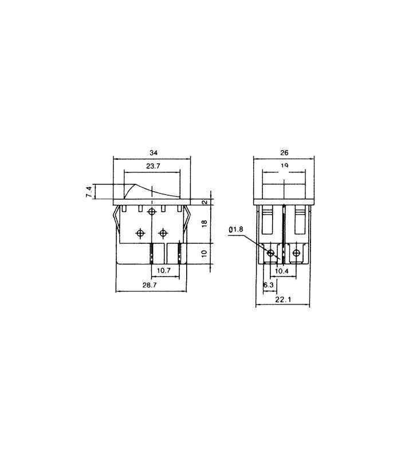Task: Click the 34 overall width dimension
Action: tap(153, 153)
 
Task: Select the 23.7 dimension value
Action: tap(152, 167)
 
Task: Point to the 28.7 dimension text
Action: tap(151, 285)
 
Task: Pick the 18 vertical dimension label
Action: tap(205, 223)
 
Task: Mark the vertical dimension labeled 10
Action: tap(205, 253)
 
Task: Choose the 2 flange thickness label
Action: tap(205, 202)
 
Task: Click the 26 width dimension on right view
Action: tap(284, 153)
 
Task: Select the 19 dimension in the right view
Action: tap(284, 166)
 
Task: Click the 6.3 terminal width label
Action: tap(268, 284)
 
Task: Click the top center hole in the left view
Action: tap(152, 212)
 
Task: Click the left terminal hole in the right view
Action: tap(271, 252)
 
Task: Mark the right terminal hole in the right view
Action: tap(296, 252)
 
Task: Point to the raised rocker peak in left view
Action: tap(135, 185)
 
